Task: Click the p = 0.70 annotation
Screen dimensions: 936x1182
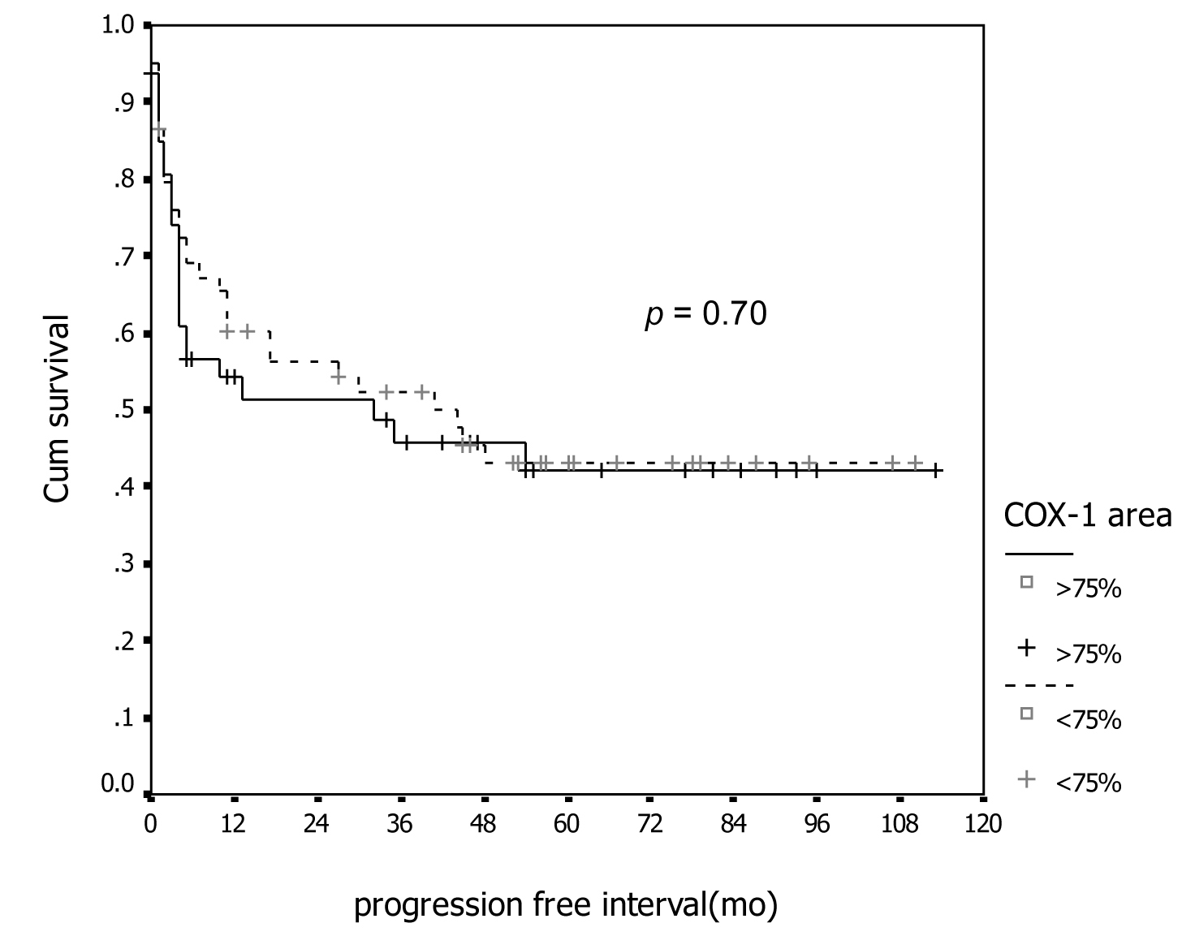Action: [705, 314]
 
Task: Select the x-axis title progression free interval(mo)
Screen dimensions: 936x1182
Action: [566, 905]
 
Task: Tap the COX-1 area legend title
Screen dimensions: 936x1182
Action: [1088, 515]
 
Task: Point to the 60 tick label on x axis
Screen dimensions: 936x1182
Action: [567, 824]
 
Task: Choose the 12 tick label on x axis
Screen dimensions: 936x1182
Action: [233, 824]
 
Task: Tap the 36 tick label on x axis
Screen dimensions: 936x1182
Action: [399, 824]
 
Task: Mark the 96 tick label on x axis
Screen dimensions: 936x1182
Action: [817, 824]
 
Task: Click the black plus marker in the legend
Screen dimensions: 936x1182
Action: [1027, 648]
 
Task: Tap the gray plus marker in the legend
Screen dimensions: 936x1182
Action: [1027, 779]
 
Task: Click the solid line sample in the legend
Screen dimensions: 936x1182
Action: [1039, 554]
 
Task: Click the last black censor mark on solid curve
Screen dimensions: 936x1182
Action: [936, 470]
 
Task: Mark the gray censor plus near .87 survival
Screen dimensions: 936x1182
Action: [159, 130]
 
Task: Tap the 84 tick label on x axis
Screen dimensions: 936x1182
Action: [733, 824]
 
